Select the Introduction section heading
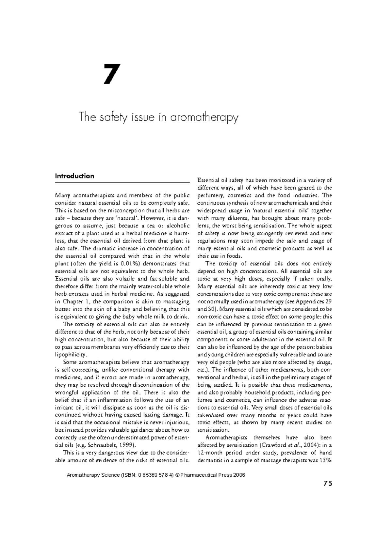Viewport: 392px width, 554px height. (74, 176)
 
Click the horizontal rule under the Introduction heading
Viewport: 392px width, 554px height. (122, 183)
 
